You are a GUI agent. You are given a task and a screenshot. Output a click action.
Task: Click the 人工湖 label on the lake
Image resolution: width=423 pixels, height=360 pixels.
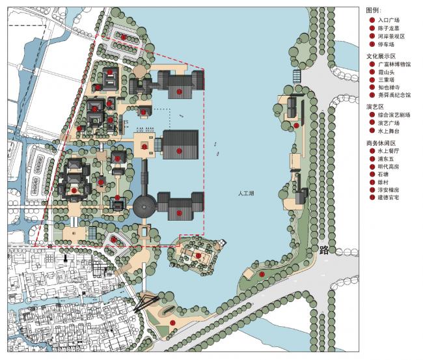tap(249, 193)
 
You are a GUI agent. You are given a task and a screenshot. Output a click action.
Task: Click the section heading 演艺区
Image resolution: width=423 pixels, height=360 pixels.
tap(375, 106)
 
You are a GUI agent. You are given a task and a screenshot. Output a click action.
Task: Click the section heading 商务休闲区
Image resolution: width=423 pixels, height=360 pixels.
tap(381, 143)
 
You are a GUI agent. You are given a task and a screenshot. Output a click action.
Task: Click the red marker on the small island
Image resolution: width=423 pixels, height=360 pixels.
tap(198, 256)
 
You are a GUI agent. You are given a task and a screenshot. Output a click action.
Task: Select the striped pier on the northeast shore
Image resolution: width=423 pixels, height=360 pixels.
tap(298, 76)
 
